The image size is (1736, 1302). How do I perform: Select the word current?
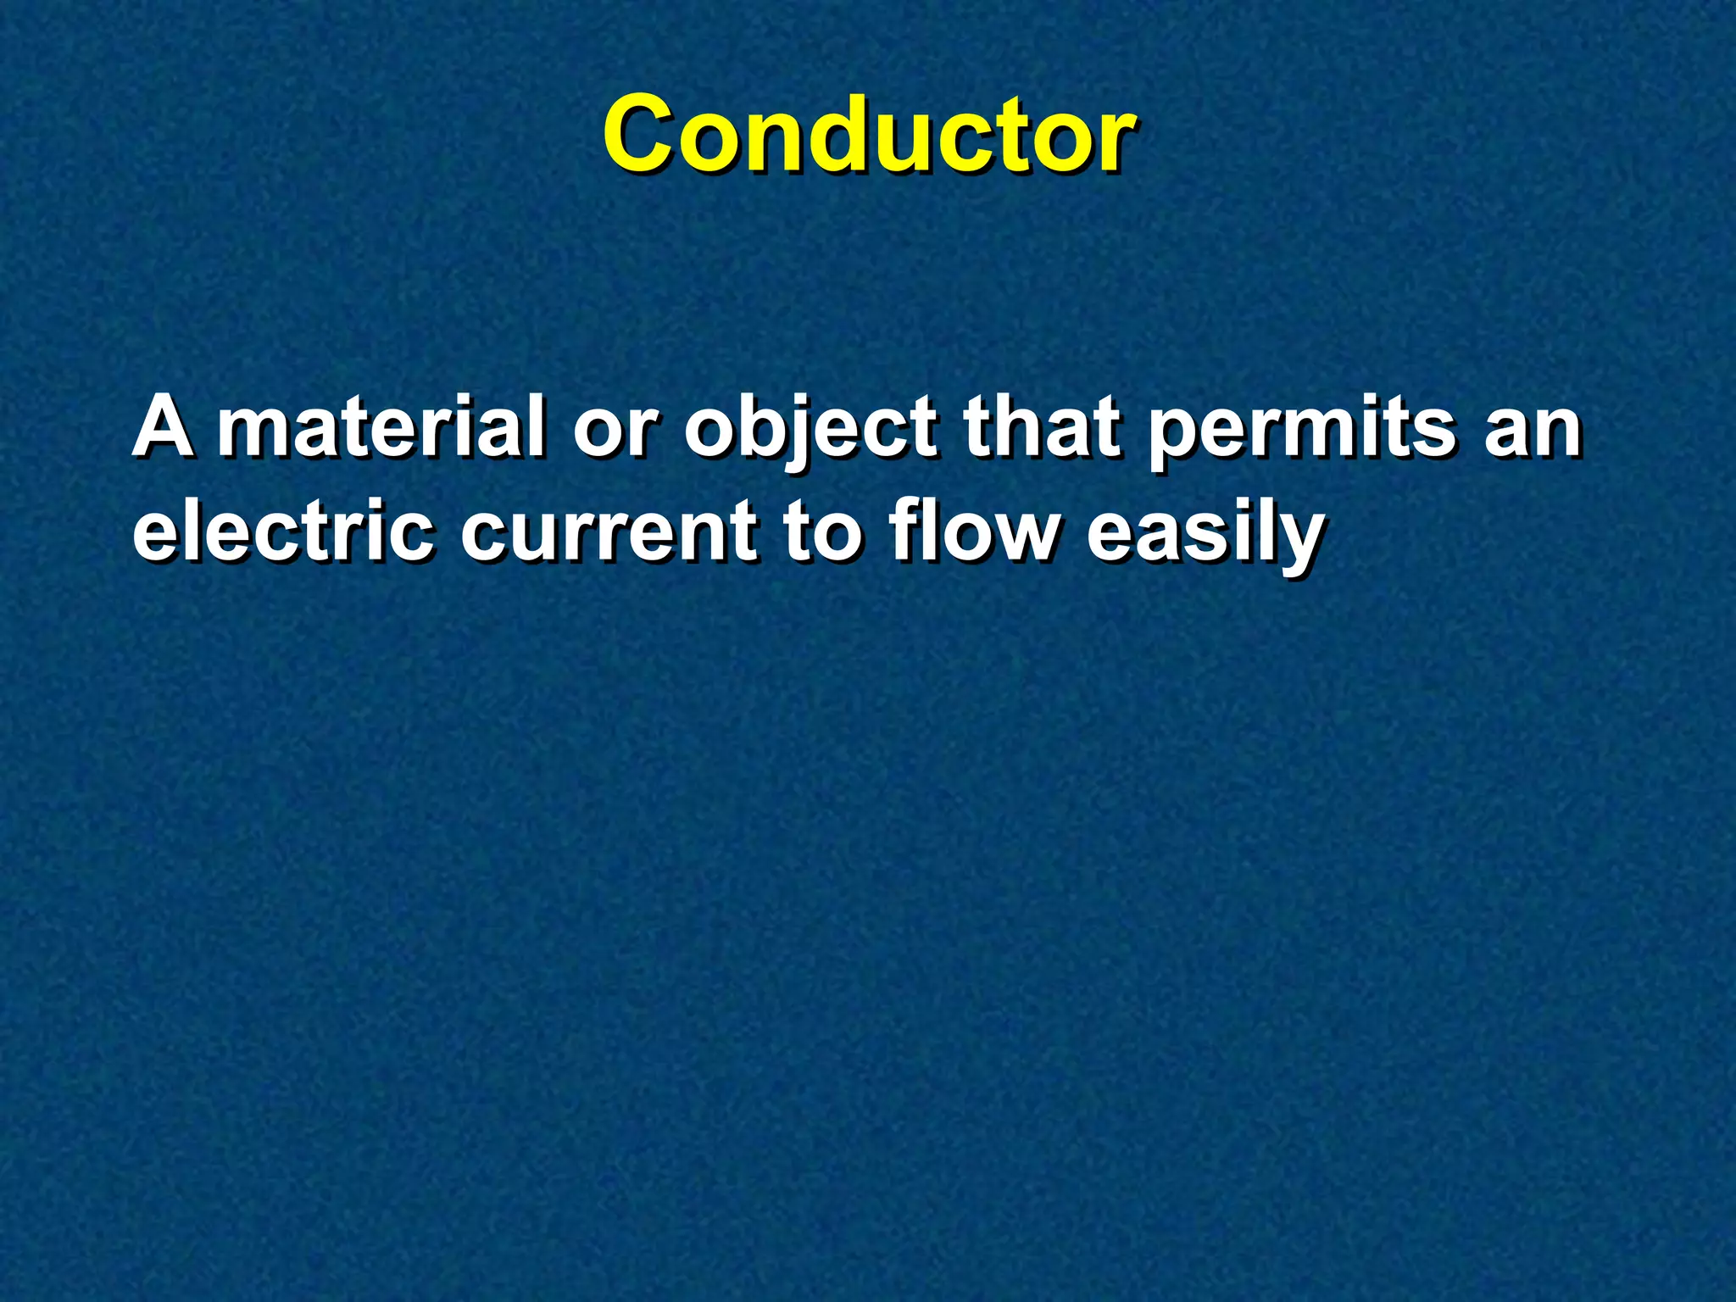[x=609, y=534]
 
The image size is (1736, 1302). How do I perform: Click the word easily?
[x=1205, y=534]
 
